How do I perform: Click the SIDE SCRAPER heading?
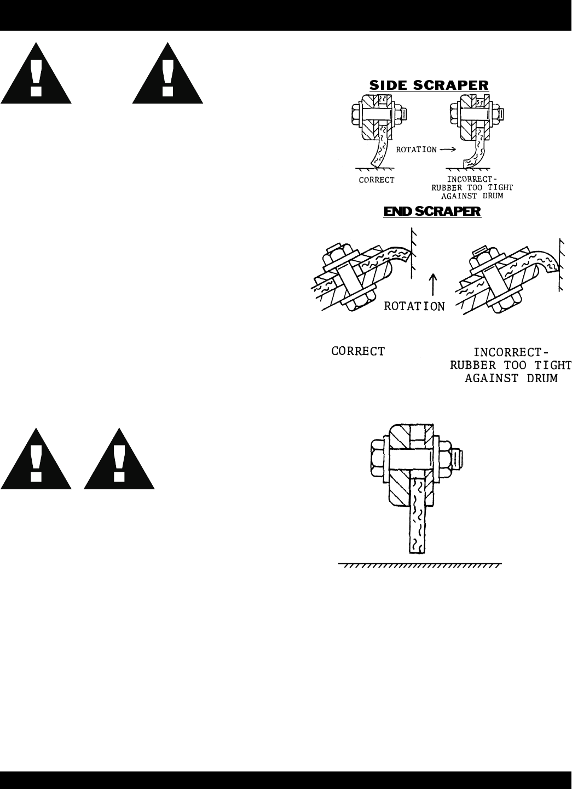429,85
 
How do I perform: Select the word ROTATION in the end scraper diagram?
414,306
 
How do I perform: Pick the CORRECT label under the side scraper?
377,180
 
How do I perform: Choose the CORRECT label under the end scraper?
358,351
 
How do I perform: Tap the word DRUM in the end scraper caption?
536,378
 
